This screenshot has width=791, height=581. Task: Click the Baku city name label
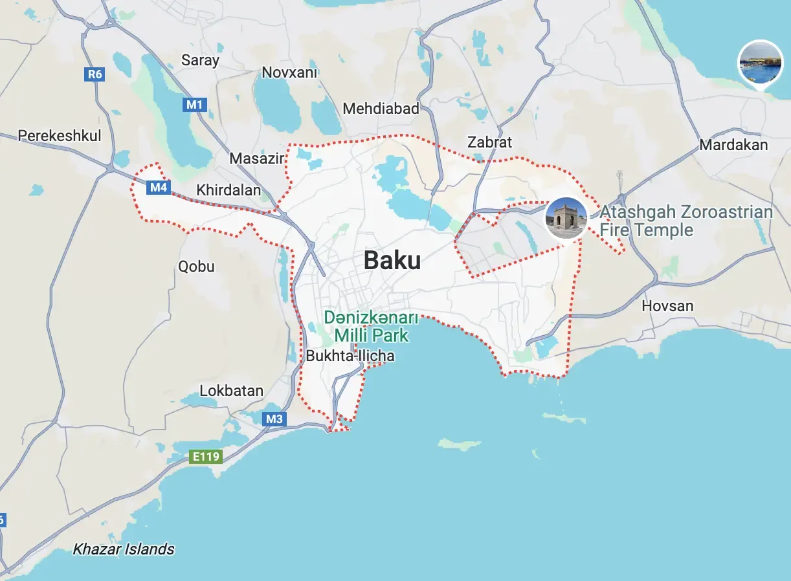tap(392, 260)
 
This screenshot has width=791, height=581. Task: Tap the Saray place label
tap(200, 60)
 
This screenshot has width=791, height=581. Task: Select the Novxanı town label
tap(289, 72)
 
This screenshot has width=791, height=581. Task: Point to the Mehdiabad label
tap(381, 108)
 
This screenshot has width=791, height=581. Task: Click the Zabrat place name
tap(489, 142)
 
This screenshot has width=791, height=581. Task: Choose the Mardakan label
tap(733, 144)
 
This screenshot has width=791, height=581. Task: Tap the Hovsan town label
tap(667, 305)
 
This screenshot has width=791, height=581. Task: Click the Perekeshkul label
tap(60, 135)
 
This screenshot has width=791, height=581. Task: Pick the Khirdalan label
tap(228, 190)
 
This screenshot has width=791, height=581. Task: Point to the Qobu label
tap(196, 266)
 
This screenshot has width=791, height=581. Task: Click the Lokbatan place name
tap(231, 390)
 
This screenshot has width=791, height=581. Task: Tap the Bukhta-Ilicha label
tap(350, 356)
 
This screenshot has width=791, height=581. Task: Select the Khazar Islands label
tap(123, 549)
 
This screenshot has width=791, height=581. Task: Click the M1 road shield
tap(195, 104)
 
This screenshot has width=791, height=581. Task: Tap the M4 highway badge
tap(159, 188)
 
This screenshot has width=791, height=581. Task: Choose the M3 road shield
tap(274, 419)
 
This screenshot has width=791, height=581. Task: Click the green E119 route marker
tap(206, 457)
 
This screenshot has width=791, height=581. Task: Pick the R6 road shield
tap(95, 74)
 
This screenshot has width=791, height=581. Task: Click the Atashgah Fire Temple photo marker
tap(566, 218)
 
